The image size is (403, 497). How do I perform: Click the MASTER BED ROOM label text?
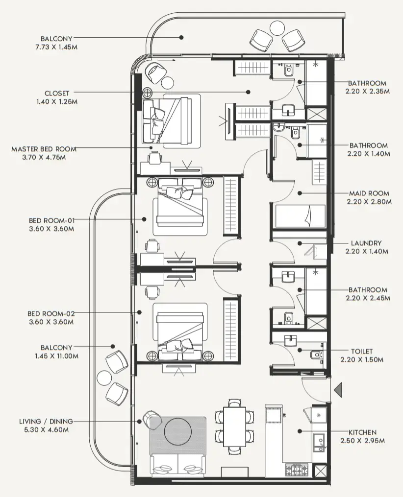44,149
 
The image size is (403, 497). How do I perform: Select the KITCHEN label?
362,432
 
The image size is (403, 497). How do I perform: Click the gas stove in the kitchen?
295,471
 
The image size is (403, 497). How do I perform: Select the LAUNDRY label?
366,243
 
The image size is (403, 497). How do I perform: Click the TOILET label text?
362,351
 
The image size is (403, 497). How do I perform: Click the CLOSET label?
57,93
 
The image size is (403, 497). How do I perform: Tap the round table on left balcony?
104,378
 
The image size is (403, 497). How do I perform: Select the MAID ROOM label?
369,193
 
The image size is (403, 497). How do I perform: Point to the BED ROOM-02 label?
50,313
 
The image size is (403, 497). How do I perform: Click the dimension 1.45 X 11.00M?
57,356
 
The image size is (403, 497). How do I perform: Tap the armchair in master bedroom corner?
156,72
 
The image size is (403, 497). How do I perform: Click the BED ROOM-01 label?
50,220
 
